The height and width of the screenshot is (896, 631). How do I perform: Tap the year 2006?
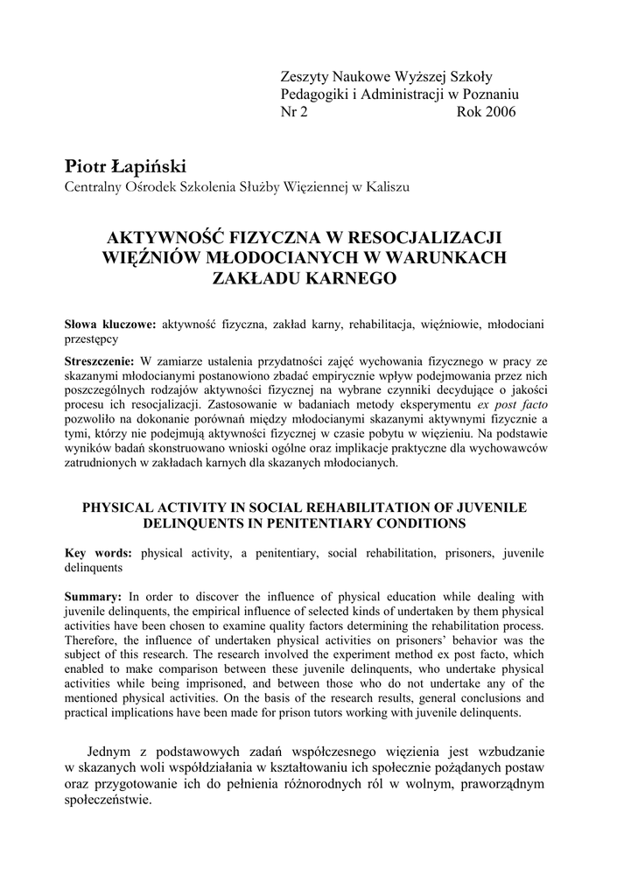point(499,112)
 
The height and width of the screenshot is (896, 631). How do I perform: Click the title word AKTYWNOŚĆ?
point(165,238)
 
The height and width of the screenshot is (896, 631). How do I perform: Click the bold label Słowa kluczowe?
point(110,325)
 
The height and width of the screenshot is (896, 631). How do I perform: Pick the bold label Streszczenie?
point(100,360)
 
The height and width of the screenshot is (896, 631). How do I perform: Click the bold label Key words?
point(99,553)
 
